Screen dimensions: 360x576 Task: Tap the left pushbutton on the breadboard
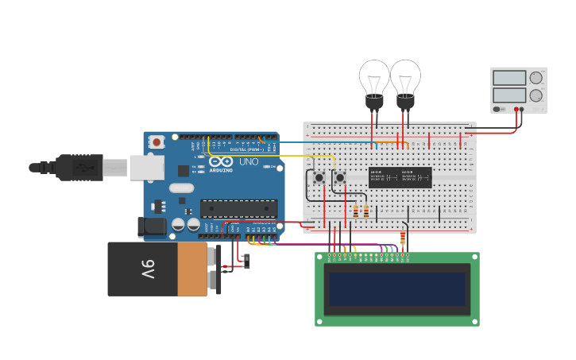click(319, 177)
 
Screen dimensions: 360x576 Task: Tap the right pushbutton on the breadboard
click(340, 177)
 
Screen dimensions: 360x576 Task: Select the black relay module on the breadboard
click(400, 177)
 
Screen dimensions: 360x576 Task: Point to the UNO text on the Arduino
click(249, 162)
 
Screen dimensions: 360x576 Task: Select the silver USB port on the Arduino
click(148, 167)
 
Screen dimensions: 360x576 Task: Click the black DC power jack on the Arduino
click(153, 227)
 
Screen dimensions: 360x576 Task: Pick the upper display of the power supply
click(509, 78)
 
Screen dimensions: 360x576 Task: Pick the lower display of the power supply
click(509, 95)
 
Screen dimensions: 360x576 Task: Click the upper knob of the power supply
click(536, 78)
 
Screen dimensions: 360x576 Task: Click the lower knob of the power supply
click(536, 95)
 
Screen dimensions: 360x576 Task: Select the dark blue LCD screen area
click(397, 289)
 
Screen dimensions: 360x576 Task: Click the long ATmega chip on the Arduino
click(238, 208)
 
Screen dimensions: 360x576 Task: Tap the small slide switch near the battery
click(246, 261)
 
